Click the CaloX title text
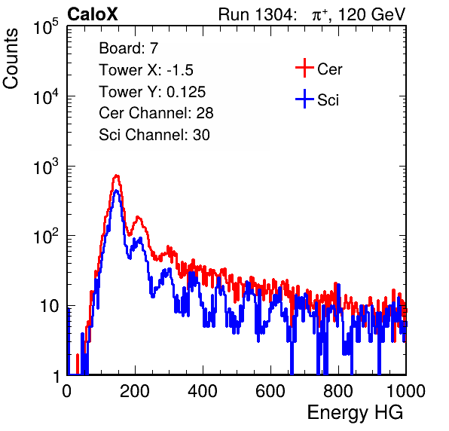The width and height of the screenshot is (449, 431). [93, 14]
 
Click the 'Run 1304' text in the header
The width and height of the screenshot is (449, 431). [255, 14]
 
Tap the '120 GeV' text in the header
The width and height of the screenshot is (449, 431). [371, 14]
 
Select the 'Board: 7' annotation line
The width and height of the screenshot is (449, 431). [129, 48]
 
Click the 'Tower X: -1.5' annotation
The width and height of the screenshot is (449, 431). [146, 70]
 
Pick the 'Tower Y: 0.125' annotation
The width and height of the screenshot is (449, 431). [152, 92]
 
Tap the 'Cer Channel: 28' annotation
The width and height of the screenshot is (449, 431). [156, 113]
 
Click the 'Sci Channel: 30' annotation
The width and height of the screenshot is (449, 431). [154, 135]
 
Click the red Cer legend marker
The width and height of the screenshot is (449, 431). [304, 68]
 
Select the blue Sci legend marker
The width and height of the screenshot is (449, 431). [304, 99]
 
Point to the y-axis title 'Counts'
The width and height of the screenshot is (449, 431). [11, 59]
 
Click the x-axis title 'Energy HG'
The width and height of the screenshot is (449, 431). [355, 413]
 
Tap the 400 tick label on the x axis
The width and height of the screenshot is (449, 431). [203, 391]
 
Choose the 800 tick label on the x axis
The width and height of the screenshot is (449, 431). [338, 391]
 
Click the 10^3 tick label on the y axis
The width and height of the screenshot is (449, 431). [47, 167]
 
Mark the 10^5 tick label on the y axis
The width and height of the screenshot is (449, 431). [47, 27]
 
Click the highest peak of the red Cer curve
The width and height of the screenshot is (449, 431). [116, 176]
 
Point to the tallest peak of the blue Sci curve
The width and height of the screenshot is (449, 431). [116, 191]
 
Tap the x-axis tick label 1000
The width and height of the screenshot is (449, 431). [406, 391]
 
